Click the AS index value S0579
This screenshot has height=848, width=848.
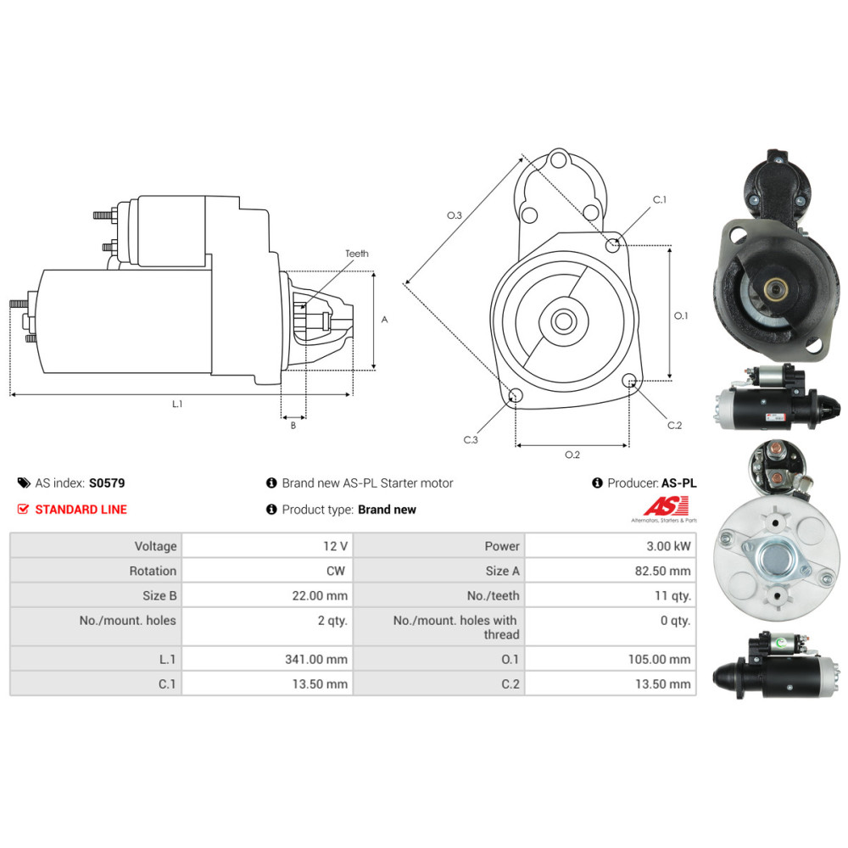[107, 483]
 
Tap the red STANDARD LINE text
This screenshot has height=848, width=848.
[81, 510]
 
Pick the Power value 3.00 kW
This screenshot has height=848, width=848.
[668, 546]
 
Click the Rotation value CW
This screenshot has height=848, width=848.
[335, 571]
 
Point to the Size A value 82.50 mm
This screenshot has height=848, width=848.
[662, 571]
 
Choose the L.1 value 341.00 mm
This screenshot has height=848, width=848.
[316, 659]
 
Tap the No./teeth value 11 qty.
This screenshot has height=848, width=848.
[672, 596]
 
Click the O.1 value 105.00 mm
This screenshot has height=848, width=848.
[659, 659]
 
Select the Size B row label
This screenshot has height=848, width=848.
[159, 596]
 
